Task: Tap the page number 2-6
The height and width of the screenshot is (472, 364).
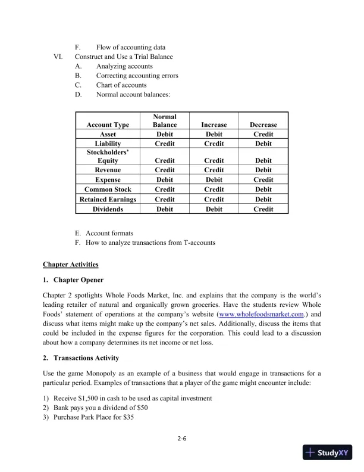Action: (x=182, y=439)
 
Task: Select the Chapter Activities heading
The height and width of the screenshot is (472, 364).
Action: (x=71, y=264)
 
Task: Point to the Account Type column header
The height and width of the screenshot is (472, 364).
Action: (x=108, y=125)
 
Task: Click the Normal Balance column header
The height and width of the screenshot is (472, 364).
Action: (x=165, y=120)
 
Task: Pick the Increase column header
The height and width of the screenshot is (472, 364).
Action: (x=214, y=125)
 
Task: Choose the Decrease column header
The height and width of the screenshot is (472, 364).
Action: (x=263, y=125)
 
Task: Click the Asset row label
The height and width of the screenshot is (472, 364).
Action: (x=108, y=135)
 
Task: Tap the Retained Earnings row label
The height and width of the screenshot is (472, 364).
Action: (x=108, y=199)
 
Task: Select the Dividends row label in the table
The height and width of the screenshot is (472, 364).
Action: (x=108, y=209)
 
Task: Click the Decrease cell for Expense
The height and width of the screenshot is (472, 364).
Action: (x=263, y=179)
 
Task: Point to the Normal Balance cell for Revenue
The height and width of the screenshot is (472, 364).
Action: (x=165, y=170)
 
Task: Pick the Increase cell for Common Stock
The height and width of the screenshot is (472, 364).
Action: (x=214, y=190)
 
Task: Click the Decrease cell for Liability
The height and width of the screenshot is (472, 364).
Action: (x=263, y=144)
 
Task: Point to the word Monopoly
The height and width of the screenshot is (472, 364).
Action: (x=98, y=373)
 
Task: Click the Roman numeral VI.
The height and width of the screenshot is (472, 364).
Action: (x=58, y=57)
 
